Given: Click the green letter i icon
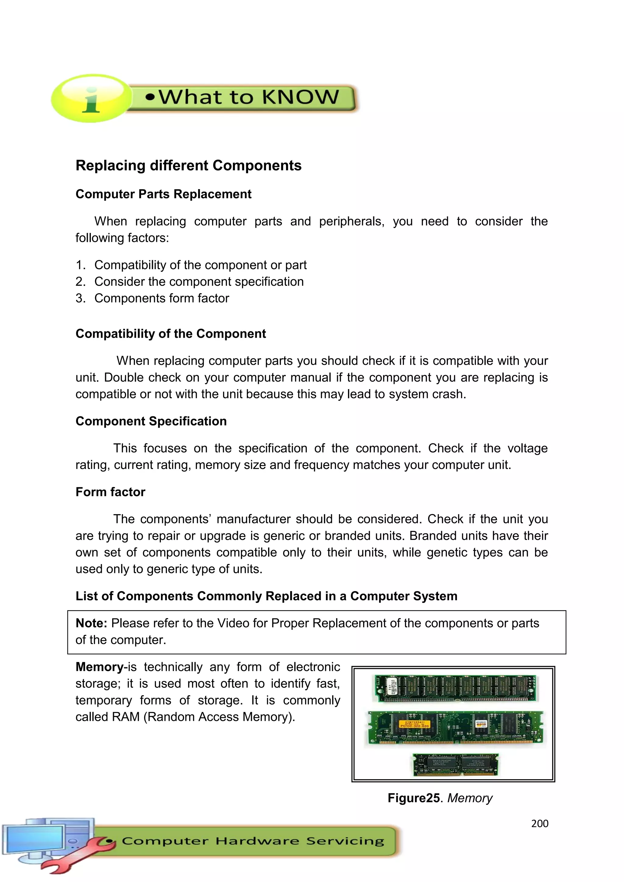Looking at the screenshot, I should (91, 99).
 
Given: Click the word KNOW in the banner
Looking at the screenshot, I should (300, 97).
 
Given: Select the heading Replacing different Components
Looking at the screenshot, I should (188, 166).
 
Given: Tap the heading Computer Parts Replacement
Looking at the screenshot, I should (163, 194).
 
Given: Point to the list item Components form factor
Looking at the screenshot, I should (161, 298).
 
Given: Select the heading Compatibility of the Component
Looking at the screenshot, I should (171, 333).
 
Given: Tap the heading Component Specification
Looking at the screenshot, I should (151, 421).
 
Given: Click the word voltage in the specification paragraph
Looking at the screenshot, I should (527, 448).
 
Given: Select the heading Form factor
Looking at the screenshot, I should (110, 492).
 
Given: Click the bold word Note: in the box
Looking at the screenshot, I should (91, 623).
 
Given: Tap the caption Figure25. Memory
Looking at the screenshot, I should (440, 798).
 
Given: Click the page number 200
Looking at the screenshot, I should (540, 823).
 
